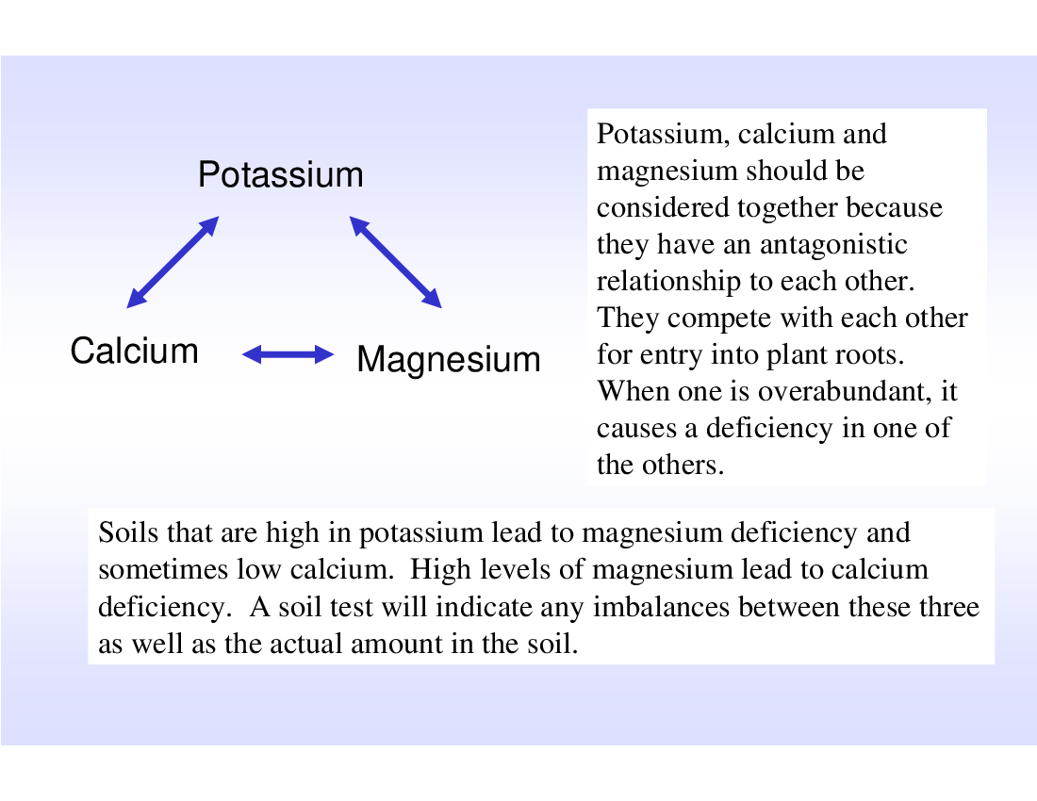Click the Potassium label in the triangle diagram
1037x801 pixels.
280,174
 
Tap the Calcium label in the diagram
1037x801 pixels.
134,351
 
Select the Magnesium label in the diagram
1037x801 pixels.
449,360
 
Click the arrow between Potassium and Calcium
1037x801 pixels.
173,262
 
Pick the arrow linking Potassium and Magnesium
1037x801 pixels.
396,262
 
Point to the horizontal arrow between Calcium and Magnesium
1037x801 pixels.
288,355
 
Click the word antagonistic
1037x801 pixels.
833,245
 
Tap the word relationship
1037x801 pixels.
668,282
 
